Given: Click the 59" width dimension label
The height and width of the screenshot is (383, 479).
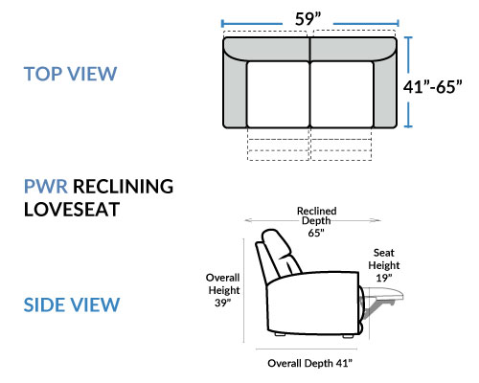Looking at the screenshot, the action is [308, 19].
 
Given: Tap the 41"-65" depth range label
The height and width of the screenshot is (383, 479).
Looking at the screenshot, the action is [432, 86].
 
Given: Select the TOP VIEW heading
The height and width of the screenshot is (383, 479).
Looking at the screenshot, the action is [70, 74].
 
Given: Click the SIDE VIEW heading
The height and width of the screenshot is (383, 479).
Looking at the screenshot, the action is [72, 304].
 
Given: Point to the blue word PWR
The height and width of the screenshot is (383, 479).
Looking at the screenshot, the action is [46, 186].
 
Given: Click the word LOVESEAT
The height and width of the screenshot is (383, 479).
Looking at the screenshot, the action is [72, 210].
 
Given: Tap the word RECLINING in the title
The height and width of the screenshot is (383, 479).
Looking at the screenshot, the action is [124, 186].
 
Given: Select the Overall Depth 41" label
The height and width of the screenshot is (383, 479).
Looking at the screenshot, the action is [309, 363].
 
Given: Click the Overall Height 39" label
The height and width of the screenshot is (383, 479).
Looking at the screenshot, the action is [223, 290].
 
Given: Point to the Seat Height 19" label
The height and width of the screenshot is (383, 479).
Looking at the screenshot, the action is [384, 265].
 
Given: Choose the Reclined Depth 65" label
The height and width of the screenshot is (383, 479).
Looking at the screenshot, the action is [316, 221].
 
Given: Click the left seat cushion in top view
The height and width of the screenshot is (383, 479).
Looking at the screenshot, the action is [278, 95].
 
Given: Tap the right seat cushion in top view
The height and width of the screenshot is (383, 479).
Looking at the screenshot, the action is [342, 95].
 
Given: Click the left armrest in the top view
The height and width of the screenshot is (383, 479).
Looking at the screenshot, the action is [235, 93].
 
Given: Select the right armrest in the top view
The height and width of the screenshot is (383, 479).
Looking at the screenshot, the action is [385, 93].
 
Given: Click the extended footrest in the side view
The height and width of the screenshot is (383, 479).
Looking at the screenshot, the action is [383, 294].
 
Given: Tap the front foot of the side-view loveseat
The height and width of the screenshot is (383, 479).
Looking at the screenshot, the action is [347, 336].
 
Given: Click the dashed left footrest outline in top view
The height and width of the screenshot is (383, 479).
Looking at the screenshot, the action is [278, 145].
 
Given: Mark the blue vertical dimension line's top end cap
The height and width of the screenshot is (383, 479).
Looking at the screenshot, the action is [408, 37].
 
